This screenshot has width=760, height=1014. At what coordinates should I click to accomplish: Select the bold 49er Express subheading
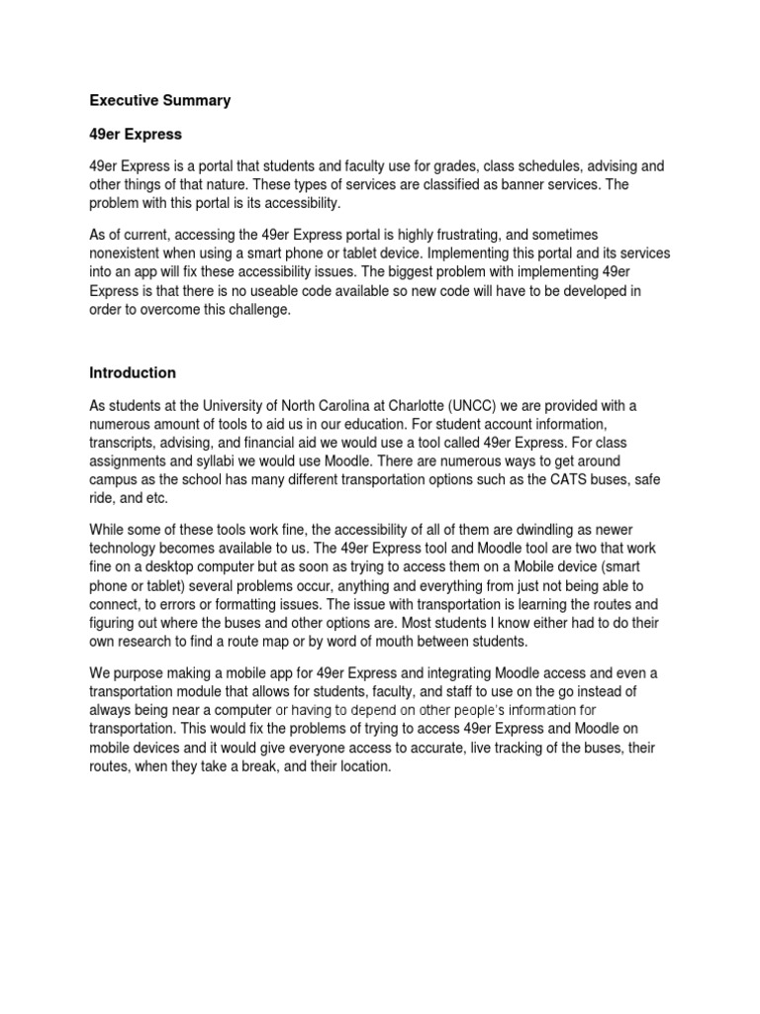[x=133, y=134]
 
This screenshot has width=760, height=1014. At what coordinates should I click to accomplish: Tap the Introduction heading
[x=133, y=373]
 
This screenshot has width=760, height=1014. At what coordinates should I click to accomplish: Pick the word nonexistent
[x=129, y=254]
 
